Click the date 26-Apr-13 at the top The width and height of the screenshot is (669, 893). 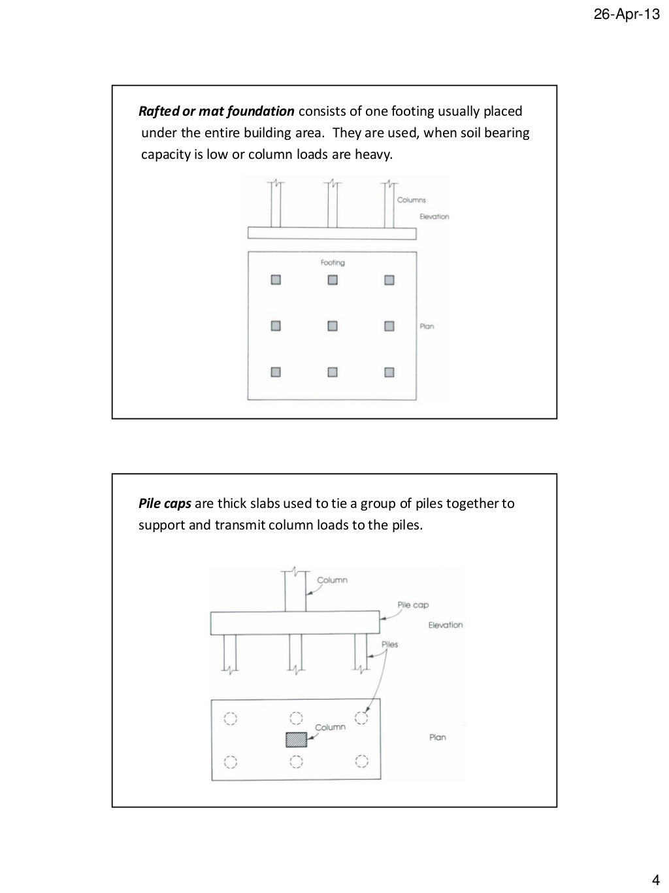coord(627,15)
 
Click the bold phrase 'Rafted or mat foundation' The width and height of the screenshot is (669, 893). coord(216,111)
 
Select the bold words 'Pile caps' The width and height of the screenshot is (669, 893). coord(165,503)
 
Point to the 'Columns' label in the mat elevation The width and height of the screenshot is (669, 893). coord(412,200)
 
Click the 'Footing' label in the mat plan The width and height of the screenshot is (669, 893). coord(333,263)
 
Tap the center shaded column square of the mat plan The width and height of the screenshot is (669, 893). coord(333,326)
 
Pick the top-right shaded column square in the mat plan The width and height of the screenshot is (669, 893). coord(389,280)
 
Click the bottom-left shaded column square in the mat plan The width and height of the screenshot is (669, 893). coord(276,372)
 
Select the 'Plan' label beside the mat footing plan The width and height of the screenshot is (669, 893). coord(427,326)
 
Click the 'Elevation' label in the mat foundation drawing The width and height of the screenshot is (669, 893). coord(434,216)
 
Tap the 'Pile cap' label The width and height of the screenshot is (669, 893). coord(413,605)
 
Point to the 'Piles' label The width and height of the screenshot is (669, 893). coord(389,644)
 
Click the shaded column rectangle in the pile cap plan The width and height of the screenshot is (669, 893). coord(296,739)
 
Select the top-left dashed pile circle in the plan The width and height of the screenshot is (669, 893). coord(230,718)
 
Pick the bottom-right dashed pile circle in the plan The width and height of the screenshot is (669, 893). coord(361,762)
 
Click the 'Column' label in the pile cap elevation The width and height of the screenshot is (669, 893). coord(332,580)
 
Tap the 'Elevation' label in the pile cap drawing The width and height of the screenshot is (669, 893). coord(445,625)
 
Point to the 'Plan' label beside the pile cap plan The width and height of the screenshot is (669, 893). coord(437,737)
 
